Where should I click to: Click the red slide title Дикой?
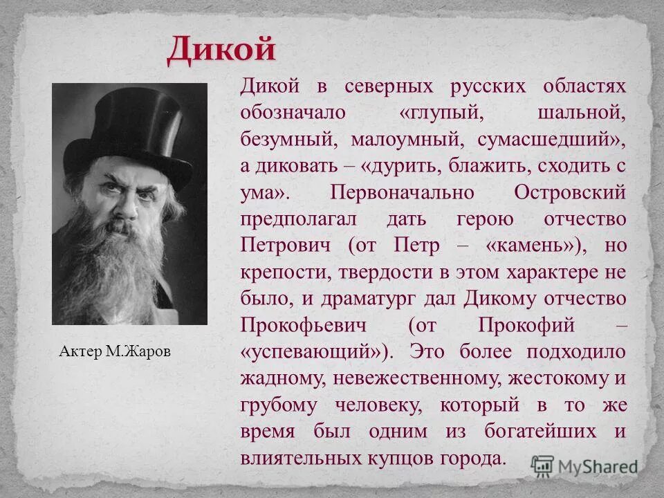click(x=221, y=50)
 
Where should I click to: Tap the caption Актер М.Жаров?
click(x=114, y=352)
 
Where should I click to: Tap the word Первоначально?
click(x=405, y=192)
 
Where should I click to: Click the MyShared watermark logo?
click(x=585, y=466)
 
